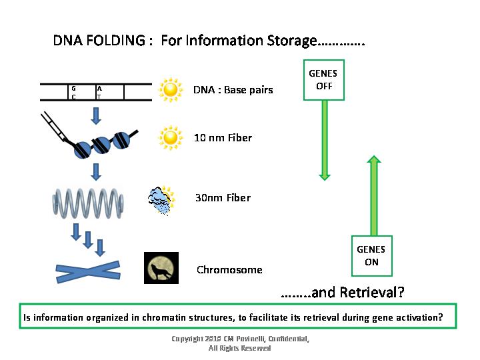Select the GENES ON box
coord(371,255)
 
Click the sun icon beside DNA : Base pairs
coord(171,89)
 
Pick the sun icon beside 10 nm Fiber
coord(171,137)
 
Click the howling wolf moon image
coord(161,268)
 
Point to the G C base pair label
coord(73,93)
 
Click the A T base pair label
coord(99,93)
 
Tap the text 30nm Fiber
coord(223,198)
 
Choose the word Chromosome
coord(229,270)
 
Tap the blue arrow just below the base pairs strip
coord(96,115)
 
